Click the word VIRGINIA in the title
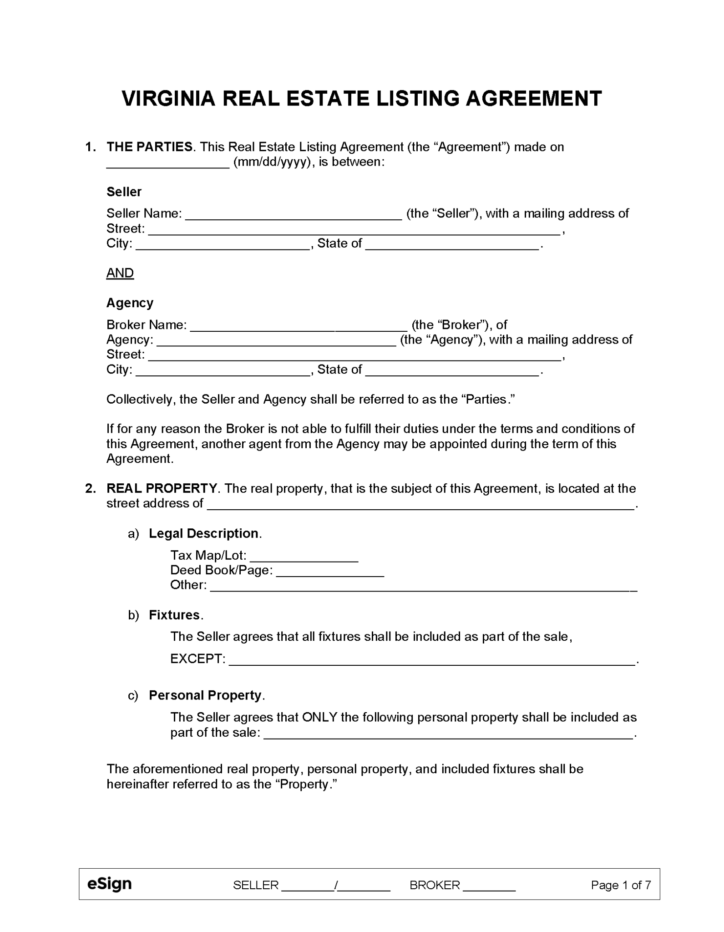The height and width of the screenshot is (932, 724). (168, 99)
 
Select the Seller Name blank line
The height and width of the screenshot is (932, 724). (294, 215)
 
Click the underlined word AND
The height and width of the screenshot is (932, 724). (120, 273)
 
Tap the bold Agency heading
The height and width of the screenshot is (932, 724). (130, 303)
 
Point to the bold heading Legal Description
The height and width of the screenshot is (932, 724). (203, 534)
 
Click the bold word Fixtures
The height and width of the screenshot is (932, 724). (174, 615)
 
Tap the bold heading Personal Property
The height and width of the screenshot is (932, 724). (205, 695)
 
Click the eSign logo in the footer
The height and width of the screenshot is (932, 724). (109, 884)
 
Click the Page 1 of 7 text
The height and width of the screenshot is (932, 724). (621, 885)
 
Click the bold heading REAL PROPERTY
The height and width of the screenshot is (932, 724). (162, 489)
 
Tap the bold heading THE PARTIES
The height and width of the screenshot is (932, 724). (149, 147)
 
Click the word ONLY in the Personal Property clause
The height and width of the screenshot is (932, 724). (319, 718)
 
